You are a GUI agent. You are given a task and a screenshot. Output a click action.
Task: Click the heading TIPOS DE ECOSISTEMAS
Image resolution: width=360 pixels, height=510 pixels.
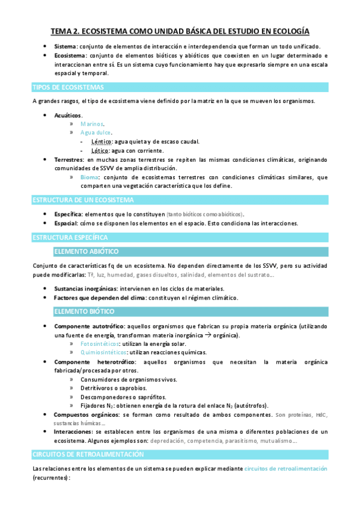click(68, 87)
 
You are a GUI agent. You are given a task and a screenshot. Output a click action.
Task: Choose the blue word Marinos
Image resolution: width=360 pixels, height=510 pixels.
click(92, 124)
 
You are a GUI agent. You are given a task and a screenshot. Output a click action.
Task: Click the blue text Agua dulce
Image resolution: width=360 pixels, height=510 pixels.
click(96, 133)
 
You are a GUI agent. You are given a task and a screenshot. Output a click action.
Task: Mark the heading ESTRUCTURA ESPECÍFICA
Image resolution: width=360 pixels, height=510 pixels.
click(70, 238)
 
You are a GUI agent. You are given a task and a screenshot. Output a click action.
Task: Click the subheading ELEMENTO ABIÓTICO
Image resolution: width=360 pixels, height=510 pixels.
click(86, 251)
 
